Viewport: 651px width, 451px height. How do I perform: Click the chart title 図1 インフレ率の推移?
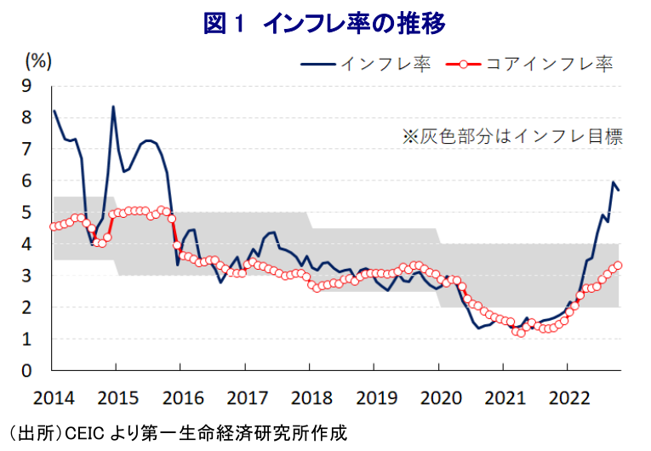[x=324, y=23]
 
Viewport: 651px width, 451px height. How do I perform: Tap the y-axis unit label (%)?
[x=39, y=60]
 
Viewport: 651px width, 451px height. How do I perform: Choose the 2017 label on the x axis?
[x=245, y=397]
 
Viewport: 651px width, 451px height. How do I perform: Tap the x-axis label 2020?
[x=439, y=397]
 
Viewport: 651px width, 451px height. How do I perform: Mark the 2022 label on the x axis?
[x=569, y=397]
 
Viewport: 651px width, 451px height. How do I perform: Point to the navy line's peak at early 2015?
[x=113, y=106]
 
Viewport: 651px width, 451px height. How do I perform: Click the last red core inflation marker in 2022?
[x=618, y=265]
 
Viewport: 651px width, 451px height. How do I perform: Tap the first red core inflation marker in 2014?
[x=53, y=225]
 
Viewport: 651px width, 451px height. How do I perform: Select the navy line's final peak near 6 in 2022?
[x=613, y=182]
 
